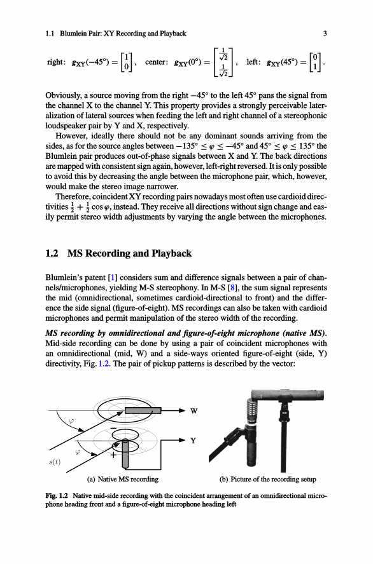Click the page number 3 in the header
coord(325,34)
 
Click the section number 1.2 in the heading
coord(52,253)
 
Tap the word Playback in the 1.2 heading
coord(172,254)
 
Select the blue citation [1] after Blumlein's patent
coord(113,278)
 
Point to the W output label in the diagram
coord(194,411)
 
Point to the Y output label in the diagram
coord(193,441)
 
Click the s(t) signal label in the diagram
coord(55,462)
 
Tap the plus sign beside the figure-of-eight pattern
coord(113,455)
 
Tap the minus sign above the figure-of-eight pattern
coord(113,429)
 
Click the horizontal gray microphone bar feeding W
coord(143,410)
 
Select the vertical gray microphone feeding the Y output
coord(125,453)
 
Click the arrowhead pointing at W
coord(182,410)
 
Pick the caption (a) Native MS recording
coord(123,480)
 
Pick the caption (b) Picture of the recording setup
coord(268,480)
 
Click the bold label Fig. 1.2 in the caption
coord(57,495)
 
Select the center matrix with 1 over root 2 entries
coord(223,62)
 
